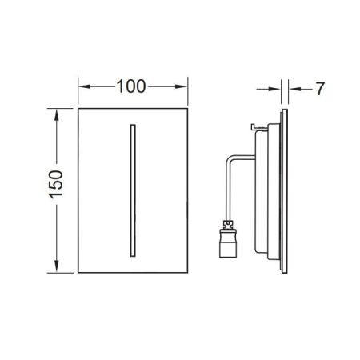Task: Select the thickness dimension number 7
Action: pos(318,89)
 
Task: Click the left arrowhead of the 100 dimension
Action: pos(82,85)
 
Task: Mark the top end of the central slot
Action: pos(130,126)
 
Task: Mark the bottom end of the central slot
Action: pos(130,254)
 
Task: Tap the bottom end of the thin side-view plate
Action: pos(284,271)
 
